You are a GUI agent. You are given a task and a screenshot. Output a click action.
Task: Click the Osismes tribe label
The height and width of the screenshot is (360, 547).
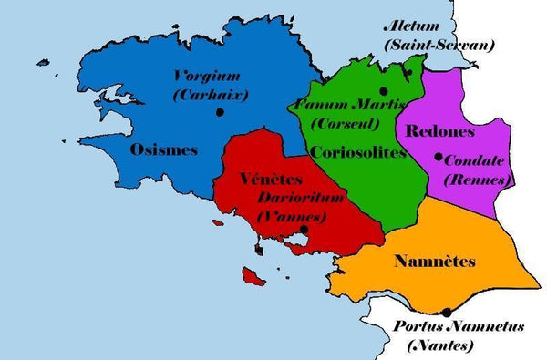163,150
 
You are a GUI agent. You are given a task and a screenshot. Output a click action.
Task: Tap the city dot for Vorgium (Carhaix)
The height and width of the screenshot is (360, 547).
220,112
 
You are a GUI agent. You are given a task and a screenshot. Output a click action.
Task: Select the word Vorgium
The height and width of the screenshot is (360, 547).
211,77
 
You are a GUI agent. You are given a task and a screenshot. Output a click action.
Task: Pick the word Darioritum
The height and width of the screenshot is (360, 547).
294,197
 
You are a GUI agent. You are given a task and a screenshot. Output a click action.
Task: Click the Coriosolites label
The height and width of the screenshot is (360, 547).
357,152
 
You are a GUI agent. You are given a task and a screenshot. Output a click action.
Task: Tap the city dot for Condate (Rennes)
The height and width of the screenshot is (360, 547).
439,158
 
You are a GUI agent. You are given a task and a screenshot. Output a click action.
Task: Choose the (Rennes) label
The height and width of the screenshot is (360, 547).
474,180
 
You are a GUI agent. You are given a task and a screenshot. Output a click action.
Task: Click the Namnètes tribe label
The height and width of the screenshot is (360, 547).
435,262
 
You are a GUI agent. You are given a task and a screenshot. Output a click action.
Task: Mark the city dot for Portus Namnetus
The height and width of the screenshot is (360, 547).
446,313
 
